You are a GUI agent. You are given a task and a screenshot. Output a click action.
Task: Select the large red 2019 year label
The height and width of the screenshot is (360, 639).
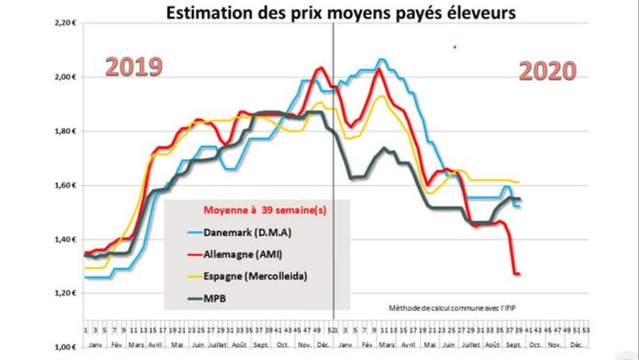[x=134, y=68]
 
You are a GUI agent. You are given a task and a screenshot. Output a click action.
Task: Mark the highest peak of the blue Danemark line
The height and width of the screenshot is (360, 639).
[x=382, y=60]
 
